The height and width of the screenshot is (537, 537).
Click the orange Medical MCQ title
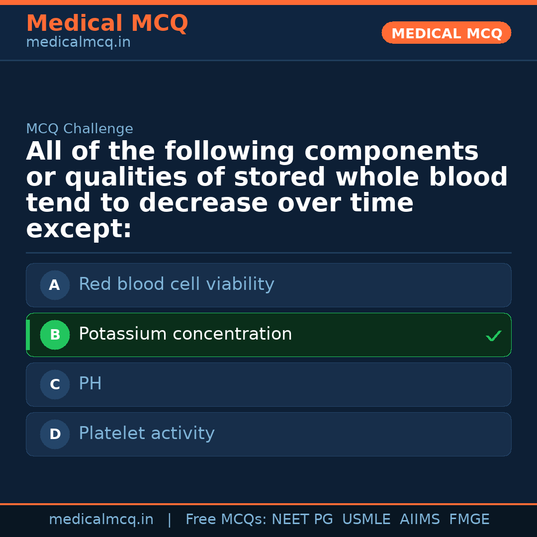tap(107, 23)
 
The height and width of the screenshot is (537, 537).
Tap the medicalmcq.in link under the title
tap(78, 42)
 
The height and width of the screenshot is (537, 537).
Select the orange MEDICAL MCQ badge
tap(446, 33)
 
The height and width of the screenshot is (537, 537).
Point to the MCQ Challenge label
tap(80, 129)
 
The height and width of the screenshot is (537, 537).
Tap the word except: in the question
tap(79, 229)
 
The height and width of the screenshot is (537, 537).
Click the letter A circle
tap(55, 285)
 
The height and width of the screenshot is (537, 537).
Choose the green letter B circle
tap(55, 335)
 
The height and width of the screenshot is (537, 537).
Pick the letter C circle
tap(55, 385)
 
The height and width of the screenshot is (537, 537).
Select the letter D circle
tap(55, 435)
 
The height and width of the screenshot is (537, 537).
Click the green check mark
tap(493, 336)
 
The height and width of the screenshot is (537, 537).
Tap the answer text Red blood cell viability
tap(177, 284)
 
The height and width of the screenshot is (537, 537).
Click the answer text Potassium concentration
tap(185, 334)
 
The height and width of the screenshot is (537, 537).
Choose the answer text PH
tap(90, 384)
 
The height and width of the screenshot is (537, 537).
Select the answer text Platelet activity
tap(147, 434)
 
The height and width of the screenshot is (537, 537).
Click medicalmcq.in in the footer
tap(101, 520)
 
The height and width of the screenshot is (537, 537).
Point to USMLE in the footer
tap(366, 520)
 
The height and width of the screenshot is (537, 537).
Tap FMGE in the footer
tap(469, 520)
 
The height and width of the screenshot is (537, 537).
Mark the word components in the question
tap(391, 152)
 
